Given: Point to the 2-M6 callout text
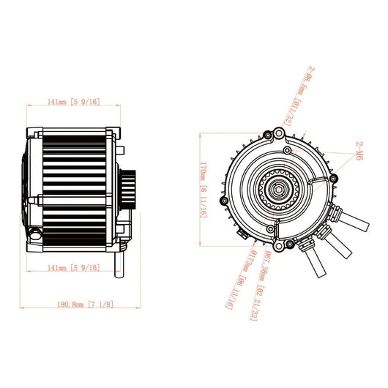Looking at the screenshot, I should [357, 151].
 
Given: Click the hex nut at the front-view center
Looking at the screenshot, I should [278, 188].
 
